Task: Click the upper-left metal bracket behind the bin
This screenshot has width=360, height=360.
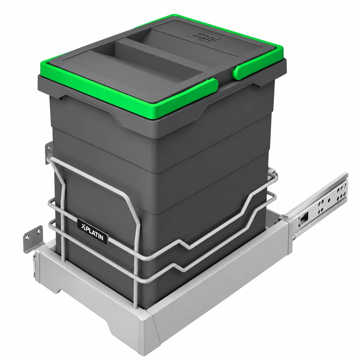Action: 49,153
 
